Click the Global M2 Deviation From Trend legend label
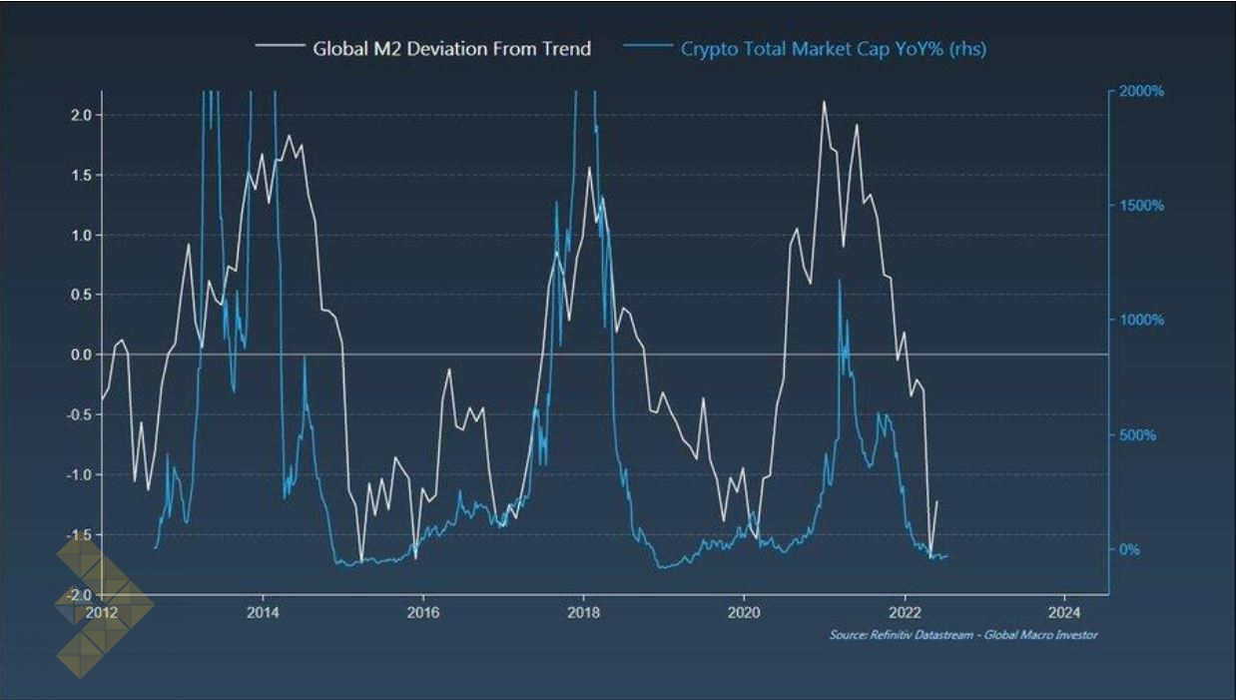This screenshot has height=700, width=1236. click(x=451, y=48)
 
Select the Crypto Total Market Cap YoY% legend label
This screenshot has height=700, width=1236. click(x=833, y=48)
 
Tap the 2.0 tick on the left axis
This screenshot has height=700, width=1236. click(x=80, y=115)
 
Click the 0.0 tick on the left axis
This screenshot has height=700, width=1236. click(x=80, y=354)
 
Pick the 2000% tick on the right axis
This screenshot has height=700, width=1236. click(x=1142, y=91)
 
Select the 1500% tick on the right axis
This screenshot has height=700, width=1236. click(x=1142, y=206)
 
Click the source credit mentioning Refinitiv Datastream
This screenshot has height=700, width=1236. click(x=962, y=635)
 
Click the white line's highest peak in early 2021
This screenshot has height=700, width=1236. click(x=824, y=102)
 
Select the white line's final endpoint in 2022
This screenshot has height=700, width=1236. click(x=936, y=501)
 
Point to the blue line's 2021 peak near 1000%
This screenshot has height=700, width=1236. click(x=839, y=282)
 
